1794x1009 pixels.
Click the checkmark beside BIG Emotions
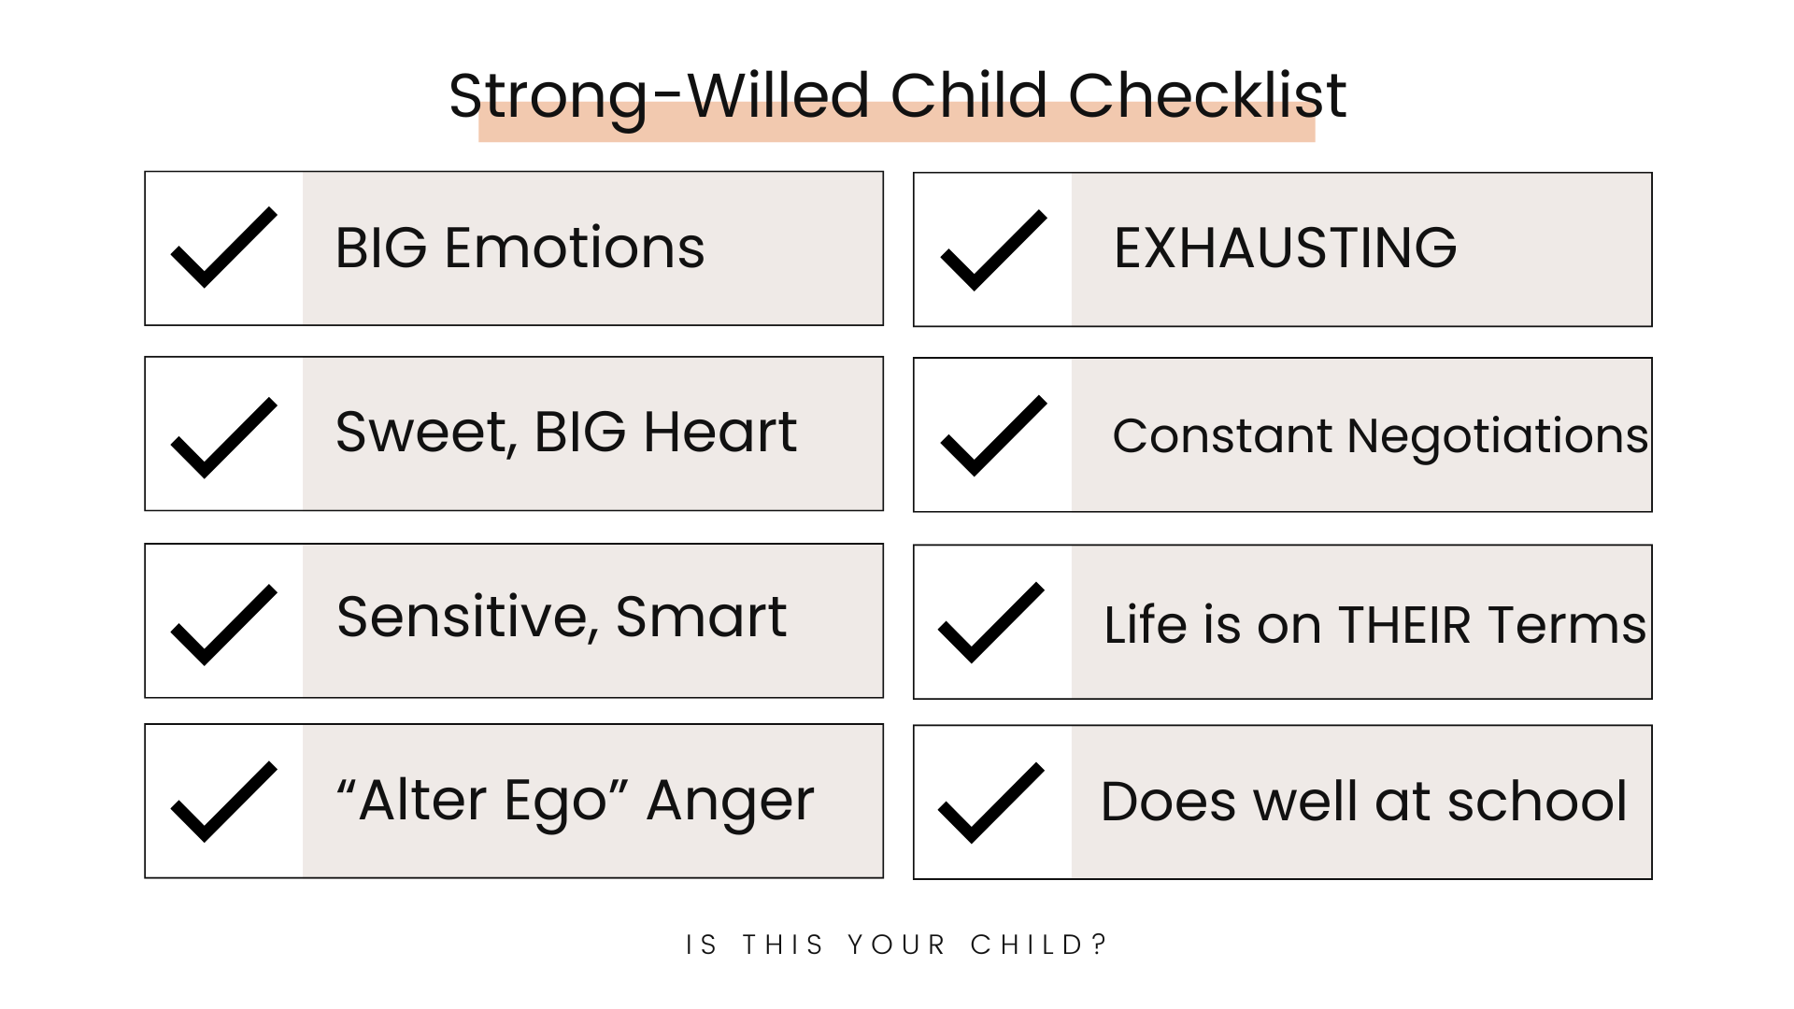pos(224,248)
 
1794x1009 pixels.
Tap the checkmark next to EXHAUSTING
pos(993,250)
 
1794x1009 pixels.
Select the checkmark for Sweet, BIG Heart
pos(224,438)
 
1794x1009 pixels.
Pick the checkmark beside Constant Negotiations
pos(993,435)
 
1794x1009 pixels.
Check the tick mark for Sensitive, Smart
pos(224,625)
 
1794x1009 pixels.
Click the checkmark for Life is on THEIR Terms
pos(991,622)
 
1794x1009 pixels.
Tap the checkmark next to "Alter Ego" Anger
pos(224,802)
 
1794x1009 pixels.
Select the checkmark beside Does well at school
pos(991,803)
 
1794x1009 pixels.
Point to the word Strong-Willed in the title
pos(660,97)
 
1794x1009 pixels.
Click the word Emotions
pos(575,249)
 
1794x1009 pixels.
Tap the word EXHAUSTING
pos(1286,248)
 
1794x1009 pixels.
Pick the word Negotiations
pos(1498,437)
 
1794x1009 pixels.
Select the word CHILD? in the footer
pos(1039,945)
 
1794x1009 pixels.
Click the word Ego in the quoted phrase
pos(556,803)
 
